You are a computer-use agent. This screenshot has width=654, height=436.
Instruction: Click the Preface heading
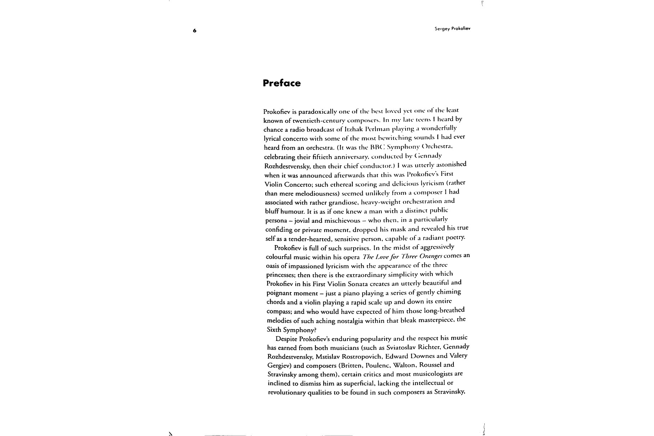click(x=282, y=83)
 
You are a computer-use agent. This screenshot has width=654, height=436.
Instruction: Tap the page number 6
click(x=194, y=31)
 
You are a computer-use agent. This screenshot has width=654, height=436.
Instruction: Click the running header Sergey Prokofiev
click(x=452, y=29)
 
